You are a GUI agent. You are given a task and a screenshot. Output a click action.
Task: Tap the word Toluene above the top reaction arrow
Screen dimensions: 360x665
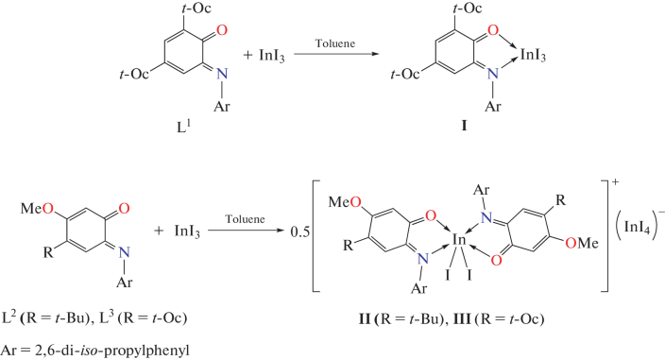point(324,43)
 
